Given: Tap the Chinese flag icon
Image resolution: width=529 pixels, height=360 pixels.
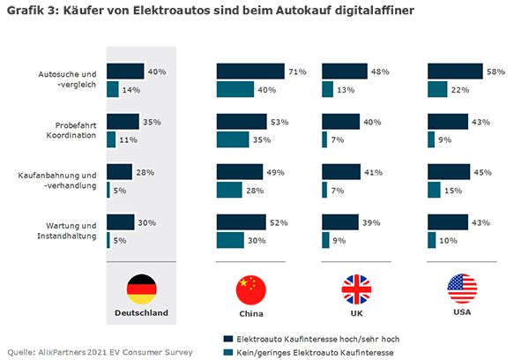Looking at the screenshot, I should [250, 289].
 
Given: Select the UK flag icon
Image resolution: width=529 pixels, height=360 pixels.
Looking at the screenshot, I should [356, 289].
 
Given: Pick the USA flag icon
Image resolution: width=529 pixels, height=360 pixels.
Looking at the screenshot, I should [461, 289].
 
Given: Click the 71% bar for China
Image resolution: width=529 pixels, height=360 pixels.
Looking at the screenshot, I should [250, 71].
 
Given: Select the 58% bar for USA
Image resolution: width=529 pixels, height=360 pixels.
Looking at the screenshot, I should [454, 71].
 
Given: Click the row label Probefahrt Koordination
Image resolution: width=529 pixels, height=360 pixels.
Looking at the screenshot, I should [77, 129].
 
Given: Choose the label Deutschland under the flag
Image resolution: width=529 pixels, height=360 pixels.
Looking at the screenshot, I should [141, 312].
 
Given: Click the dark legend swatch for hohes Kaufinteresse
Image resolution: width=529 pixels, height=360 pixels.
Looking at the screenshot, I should [228, 338].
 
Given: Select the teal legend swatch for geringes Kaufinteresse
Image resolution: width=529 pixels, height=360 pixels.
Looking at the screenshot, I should [228, 352].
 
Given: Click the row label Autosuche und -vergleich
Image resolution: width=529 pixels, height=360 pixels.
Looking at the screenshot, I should [75, 79].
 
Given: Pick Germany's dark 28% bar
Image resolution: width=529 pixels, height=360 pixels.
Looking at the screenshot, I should [119, 172].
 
